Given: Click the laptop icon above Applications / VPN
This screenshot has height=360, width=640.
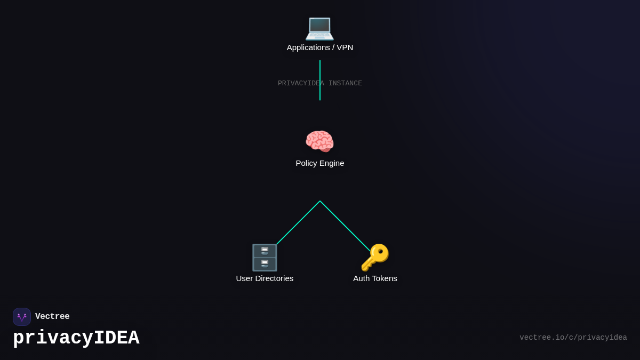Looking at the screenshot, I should [x=319, y=27].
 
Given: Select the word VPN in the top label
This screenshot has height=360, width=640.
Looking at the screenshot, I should [x=345, y=47].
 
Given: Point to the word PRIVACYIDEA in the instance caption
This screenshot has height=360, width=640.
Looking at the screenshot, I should [x=301, y=83].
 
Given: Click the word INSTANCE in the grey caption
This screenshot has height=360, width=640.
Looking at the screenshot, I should [x=345, y=83].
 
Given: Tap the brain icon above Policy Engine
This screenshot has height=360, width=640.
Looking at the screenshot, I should [x=319, y=142].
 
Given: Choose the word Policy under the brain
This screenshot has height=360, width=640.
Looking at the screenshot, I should [x=307, y=163].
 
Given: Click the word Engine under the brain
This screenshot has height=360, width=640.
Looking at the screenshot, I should [x=333, y=163].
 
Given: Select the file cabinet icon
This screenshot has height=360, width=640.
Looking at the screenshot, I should [x=265, y=258].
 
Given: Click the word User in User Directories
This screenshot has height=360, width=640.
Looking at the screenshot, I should [x=245, y=278].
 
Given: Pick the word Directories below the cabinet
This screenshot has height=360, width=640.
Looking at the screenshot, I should [x=275, y=278].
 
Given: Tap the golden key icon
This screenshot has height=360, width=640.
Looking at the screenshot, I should [x=375, y=258].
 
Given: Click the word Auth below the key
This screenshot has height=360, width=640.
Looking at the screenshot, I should [x=363, y=278].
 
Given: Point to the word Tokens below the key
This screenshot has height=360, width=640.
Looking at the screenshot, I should [x=385, y=278].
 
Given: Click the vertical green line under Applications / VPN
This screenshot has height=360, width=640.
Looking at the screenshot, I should [x=320, y=69].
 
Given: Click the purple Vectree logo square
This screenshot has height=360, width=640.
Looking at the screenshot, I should [x=22, y=317].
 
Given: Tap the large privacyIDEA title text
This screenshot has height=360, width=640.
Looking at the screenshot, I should [x=76, y=338].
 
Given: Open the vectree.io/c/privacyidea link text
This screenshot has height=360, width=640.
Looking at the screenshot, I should [x=573, y=338].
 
